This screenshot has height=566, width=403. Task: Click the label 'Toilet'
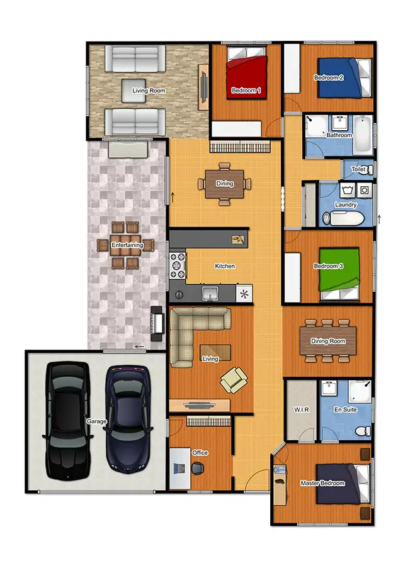pyautogui.click(x=358, y=170)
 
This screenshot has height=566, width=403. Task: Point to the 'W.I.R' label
pyautogui.click(x=302, y=410)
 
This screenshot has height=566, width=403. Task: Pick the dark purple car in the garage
pyautogui.click(x=128, y=418)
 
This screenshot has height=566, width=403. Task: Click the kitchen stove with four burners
pyautogui.click(x=177, y=265)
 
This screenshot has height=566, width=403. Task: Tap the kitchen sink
pyautogui.click(x=210, y=293)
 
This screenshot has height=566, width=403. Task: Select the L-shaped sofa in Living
pyautogui.click(x=189, y=330)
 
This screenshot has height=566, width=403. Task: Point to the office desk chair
pyautogui.click(x=198, y=468)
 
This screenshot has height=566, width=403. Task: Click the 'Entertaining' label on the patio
pyautogui.click(x=127, y=245)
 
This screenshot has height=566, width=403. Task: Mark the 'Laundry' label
pyautogui.click(x=346, y=204)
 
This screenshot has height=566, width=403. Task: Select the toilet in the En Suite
pyautogui.click(x=362, y=431)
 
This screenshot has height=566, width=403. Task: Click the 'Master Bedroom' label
pyautogui.click(x=322, y=483)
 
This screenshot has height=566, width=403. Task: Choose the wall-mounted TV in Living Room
pyautogui.click(x=204, y=84)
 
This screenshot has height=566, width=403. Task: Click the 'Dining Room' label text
pyautogui.click(x=328, y=341)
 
